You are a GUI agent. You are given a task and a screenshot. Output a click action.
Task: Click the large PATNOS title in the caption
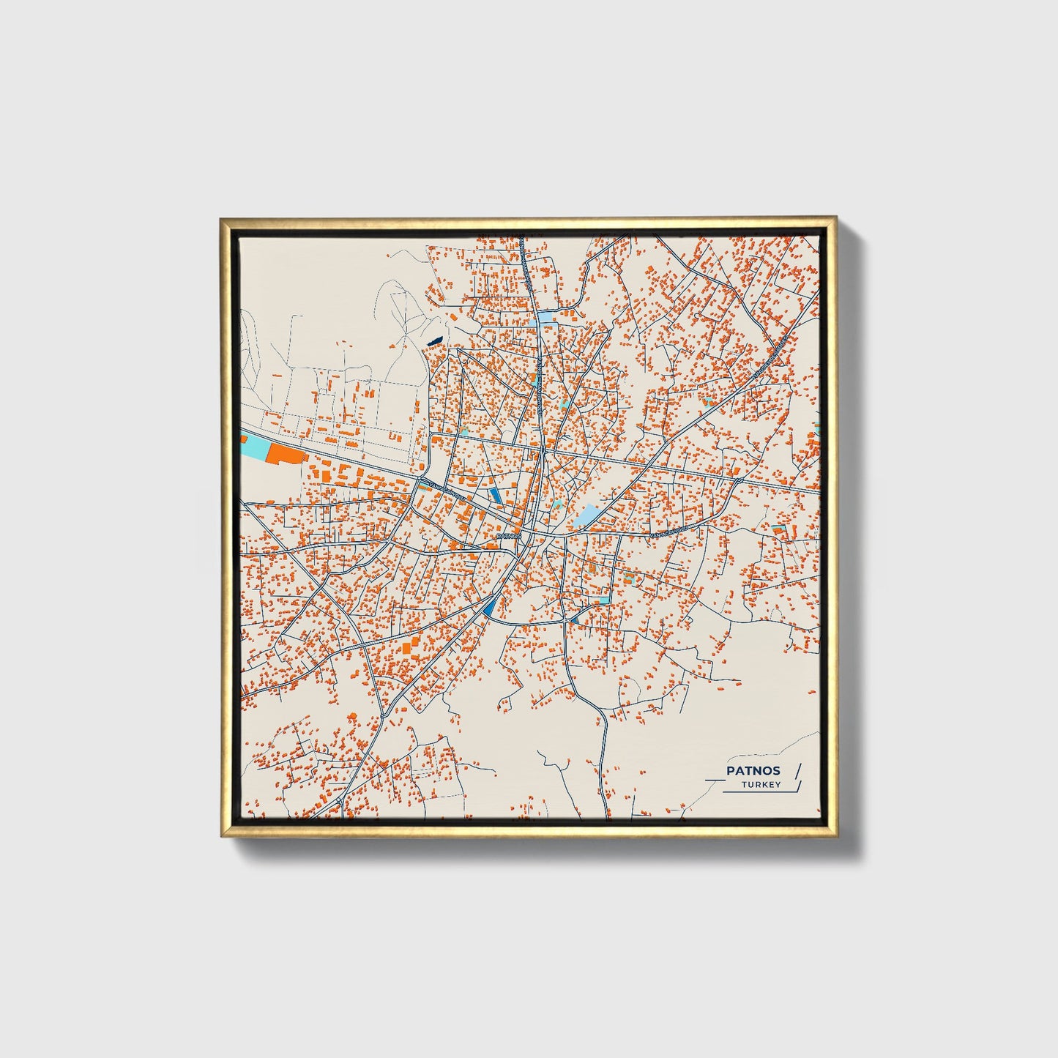pyautogui.click(x=753, y=770)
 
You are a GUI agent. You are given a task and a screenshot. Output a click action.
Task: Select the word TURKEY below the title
pyautogui.click(x=761, y=785)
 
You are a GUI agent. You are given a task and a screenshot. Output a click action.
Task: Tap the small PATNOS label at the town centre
pyautogui.click(x=509, y=536)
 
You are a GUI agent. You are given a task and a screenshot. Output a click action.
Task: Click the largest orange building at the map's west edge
pyautogui.click(x=285, y=453)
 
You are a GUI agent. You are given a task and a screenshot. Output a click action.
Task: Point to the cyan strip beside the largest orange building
pyautogui.click(x=254, y=446)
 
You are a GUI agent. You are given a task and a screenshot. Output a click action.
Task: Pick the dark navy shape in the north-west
pyautogui.click(x=434, y=340)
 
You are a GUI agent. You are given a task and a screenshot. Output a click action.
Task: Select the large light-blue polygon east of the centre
pyautogui.click(x=589, y=515)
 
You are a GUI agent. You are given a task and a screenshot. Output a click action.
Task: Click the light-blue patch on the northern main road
pyautogui.click(x=547, y=318)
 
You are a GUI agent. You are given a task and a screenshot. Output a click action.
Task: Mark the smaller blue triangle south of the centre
pyautogui.click(x=575, y=619)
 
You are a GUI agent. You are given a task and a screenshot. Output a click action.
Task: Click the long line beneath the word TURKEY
pyautogui.click(x=758, y=792)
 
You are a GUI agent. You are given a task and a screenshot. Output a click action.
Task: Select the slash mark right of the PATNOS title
pyautogui.click(x=797, y=770)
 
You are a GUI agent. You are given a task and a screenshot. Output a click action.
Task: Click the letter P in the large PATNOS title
pyautogui.click(x=730, y=770)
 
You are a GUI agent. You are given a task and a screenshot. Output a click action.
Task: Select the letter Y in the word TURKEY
pyautogui.click(x=778, y=785)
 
